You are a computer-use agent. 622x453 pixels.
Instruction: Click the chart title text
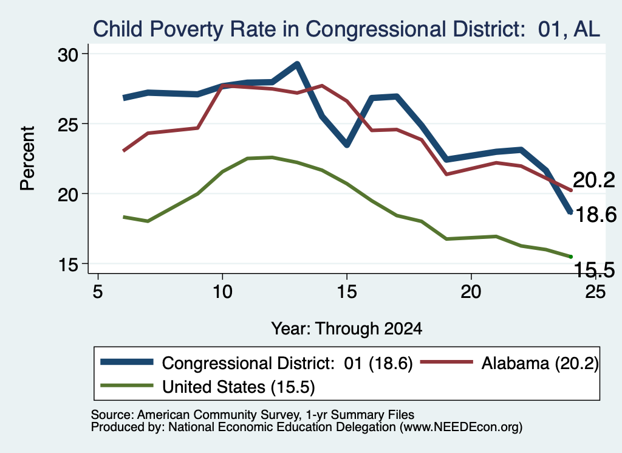[x=346, y=29]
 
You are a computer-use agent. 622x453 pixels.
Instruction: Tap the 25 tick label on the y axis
[x=68, y=125]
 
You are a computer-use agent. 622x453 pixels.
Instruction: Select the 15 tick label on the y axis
[x=68, y=265]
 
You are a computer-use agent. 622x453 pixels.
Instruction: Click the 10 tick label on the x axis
[x=222, y=292]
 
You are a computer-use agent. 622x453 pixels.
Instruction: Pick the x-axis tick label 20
[x=471, y=292]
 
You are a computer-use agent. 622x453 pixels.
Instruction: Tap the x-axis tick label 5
[x=98, y=292]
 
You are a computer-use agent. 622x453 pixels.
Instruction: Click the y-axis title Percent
[x=27, y=159]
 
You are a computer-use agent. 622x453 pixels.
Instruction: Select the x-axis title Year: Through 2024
[x=346, y=329]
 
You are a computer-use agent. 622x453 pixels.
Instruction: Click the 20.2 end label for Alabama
[x=594, y=180]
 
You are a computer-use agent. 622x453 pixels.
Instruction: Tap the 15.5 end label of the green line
[x=594, y=270]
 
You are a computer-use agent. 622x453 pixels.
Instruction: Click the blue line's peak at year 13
[x=296, y=64]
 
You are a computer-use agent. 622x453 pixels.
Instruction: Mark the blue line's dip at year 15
[x=347, y=145]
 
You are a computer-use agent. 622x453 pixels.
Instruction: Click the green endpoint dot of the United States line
[x=571, y=257]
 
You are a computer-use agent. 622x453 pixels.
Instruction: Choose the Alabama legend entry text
[x=540, y=363]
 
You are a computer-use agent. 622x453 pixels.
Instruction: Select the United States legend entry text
[x=238, y=387]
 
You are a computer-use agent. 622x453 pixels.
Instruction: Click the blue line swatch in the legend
[x=127, y=362]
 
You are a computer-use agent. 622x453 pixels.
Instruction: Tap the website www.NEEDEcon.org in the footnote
[x=461, y=427]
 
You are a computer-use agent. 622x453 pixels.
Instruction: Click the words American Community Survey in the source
[x=218, y=415]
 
